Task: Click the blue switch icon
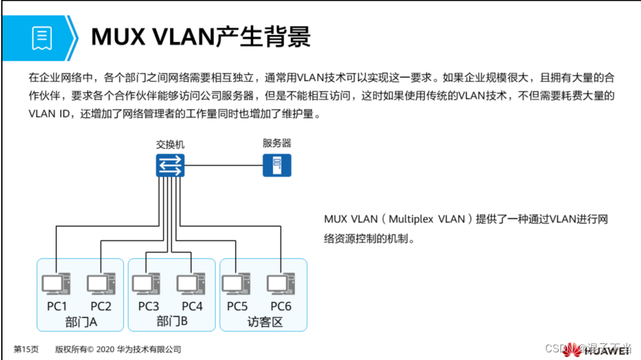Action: pyautogui.click(x=170, y=166)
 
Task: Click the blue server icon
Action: pyautogui.click(x=277, y=165)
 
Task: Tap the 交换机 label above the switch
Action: pyautogui.click(x=170, y=145)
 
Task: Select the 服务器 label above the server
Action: pyautogui.click(x=277, y=143)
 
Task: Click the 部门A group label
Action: pyautogui.click(x=81, y=321)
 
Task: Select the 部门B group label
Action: pyautogui.click(x=171, y=321)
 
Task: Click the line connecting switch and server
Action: pyautogui.click(x=224, y=166)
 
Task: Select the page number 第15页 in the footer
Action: pyautogui.click(x=26, y=349)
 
